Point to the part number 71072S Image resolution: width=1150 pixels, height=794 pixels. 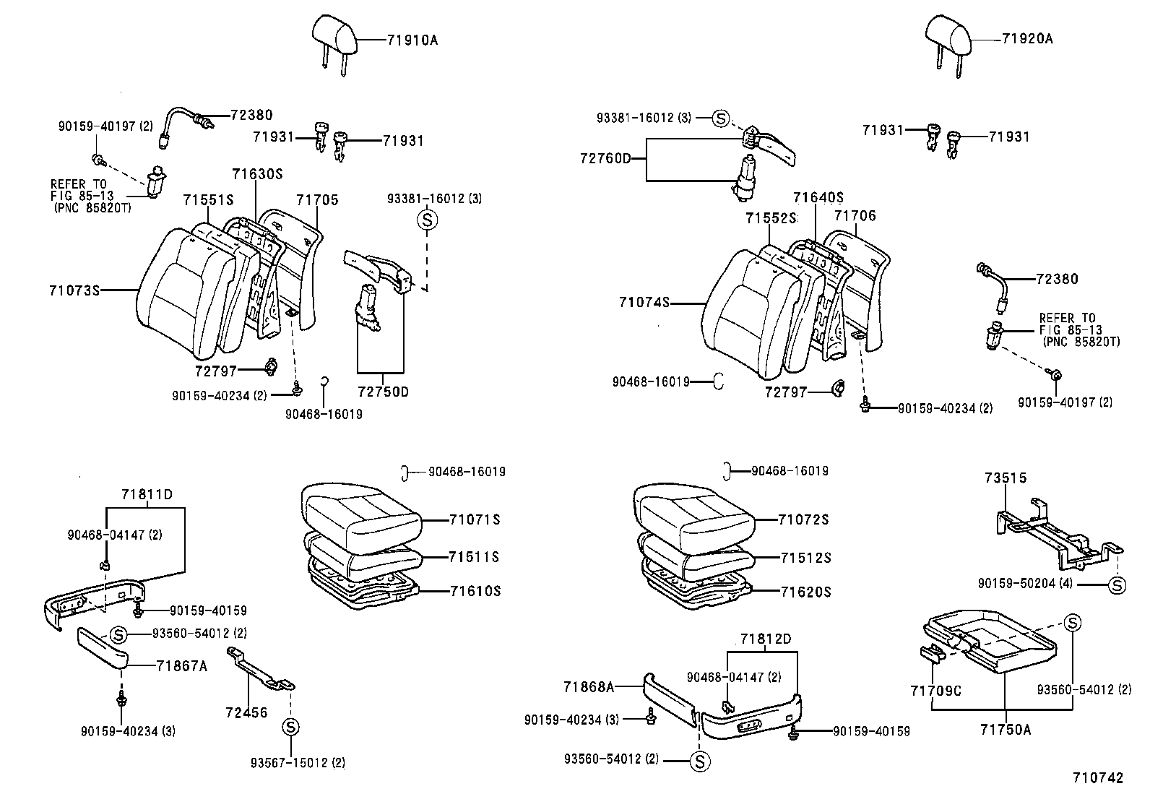(803, 519)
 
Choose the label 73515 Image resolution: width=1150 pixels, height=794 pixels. (1005, 478)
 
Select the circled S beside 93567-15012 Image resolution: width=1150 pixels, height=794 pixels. (290, 726)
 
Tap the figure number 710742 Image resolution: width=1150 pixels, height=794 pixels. (1098, 778)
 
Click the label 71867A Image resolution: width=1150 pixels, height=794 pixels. (181, 666)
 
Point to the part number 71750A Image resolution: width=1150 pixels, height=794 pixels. (1006, 730)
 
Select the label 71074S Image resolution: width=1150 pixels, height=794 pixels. (644, 302)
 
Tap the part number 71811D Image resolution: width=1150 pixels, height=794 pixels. (147, 494)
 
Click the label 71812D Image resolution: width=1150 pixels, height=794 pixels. (765, 639)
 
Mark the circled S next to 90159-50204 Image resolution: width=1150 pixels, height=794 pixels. (1117, 584)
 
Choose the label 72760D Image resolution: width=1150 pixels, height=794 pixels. (605, 157)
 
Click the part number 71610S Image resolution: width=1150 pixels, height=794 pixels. (475, 591)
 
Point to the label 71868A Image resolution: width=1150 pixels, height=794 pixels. (588, 686)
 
